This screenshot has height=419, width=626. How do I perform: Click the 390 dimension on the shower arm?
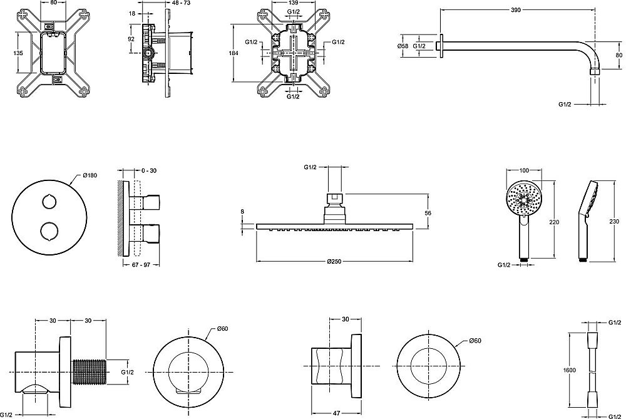pos(516,10)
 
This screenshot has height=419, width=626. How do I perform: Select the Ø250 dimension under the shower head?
pos(334,262)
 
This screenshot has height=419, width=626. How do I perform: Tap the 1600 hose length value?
pos(570,370)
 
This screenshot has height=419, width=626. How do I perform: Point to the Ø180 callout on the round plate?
pos(90,175)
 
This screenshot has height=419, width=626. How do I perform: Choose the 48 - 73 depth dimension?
pos(181,3)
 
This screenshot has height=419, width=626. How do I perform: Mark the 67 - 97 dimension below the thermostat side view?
pos(140,265)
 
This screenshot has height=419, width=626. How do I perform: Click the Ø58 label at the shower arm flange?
pos(403,46)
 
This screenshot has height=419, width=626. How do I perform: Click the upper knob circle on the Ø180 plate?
pos(49,201)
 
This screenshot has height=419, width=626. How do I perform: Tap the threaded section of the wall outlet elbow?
pos(90,372)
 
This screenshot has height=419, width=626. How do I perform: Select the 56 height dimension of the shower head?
pos(428,214)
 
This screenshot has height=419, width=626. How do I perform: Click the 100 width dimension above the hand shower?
pos(524,170)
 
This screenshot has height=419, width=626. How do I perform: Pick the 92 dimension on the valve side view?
pos(131,39)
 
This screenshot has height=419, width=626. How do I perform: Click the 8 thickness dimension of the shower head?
pos(242,212)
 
